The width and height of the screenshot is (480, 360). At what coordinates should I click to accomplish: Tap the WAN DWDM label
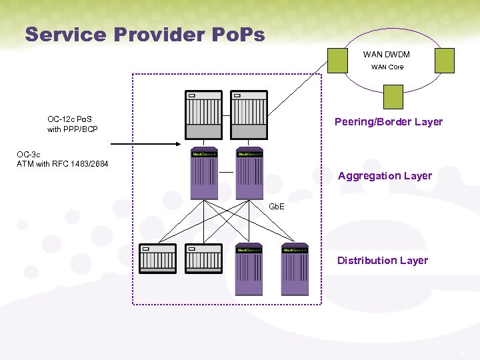(x=386, y=55)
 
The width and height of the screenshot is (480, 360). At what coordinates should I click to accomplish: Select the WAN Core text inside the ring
(x=387, y=67)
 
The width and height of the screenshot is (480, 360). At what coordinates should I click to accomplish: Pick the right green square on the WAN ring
(x=444, y=60)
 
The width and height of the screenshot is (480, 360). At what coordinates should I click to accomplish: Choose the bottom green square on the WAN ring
(x=393, y=97)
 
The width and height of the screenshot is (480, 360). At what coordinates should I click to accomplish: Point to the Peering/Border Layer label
(x=388, y=122)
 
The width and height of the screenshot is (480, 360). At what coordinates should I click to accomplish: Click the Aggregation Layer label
(x=385, y=176)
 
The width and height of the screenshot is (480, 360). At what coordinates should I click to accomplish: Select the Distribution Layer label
(x=382, y=261)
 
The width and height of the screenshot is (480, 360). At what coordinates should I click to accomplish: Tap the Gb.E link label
(x=276, y=207)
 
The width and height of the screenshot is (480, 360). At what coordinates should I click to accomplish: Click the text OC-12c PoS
(x=69, y=119)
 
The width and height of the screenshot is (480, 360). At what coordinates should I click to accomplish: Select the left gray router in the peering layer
(x=203, y=115)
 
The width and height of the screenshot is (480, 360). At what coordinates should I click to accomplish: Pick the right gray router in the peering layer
(x=248, y=115)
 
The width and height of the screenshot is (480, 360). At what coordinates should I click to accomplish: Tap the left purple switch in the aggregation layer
(x=204, y=174)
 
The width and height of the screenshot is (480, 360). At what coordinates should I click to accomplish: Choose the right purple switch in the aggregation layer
(x=249, y=174)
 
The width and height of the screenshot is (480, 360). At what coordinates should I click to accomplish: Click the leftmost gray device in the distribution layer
(x=157, y=259)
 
